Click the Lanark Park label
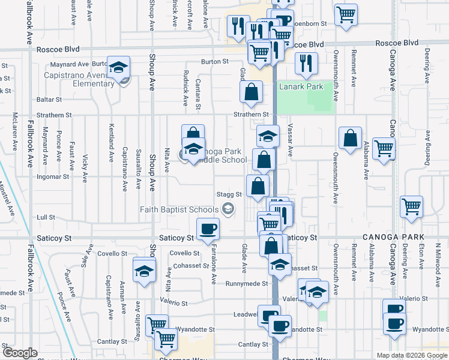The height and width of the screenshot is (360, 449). pyautogui.click(x=301, y=87)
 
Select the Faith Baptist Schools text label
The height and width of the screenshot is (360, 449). pyautogui.click(x=179, y=209)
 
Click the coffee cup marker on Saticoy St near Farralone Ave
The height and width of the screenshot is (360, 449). pyautogui.click(x=208, y=229)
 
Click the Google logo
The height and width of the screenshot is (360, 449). pyautogui.click(x=20, y=353)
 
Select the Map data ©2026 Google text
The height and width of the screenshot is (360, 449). pyautogui.click(x=411, y=355)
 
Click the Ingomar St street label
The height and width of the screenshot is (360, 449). pyautogui.click(x=53, y=177)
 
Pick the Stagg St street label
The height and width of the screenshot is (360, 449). pyautogui.click(x=229, y=194)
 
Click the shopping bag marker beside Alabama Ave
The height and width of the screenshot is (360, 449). pyautogui.click(x=350, y=139)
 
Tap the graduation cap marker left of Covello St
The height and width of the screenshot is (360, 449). pyautogui.click(x=144, y=272)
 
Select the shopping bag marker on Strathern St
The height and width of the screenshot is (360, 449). pyautogui.click(x=252, y=92)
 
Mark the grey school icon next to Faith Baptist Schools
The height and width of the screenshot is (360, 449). pyautogui.click(x=228, y=209)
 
